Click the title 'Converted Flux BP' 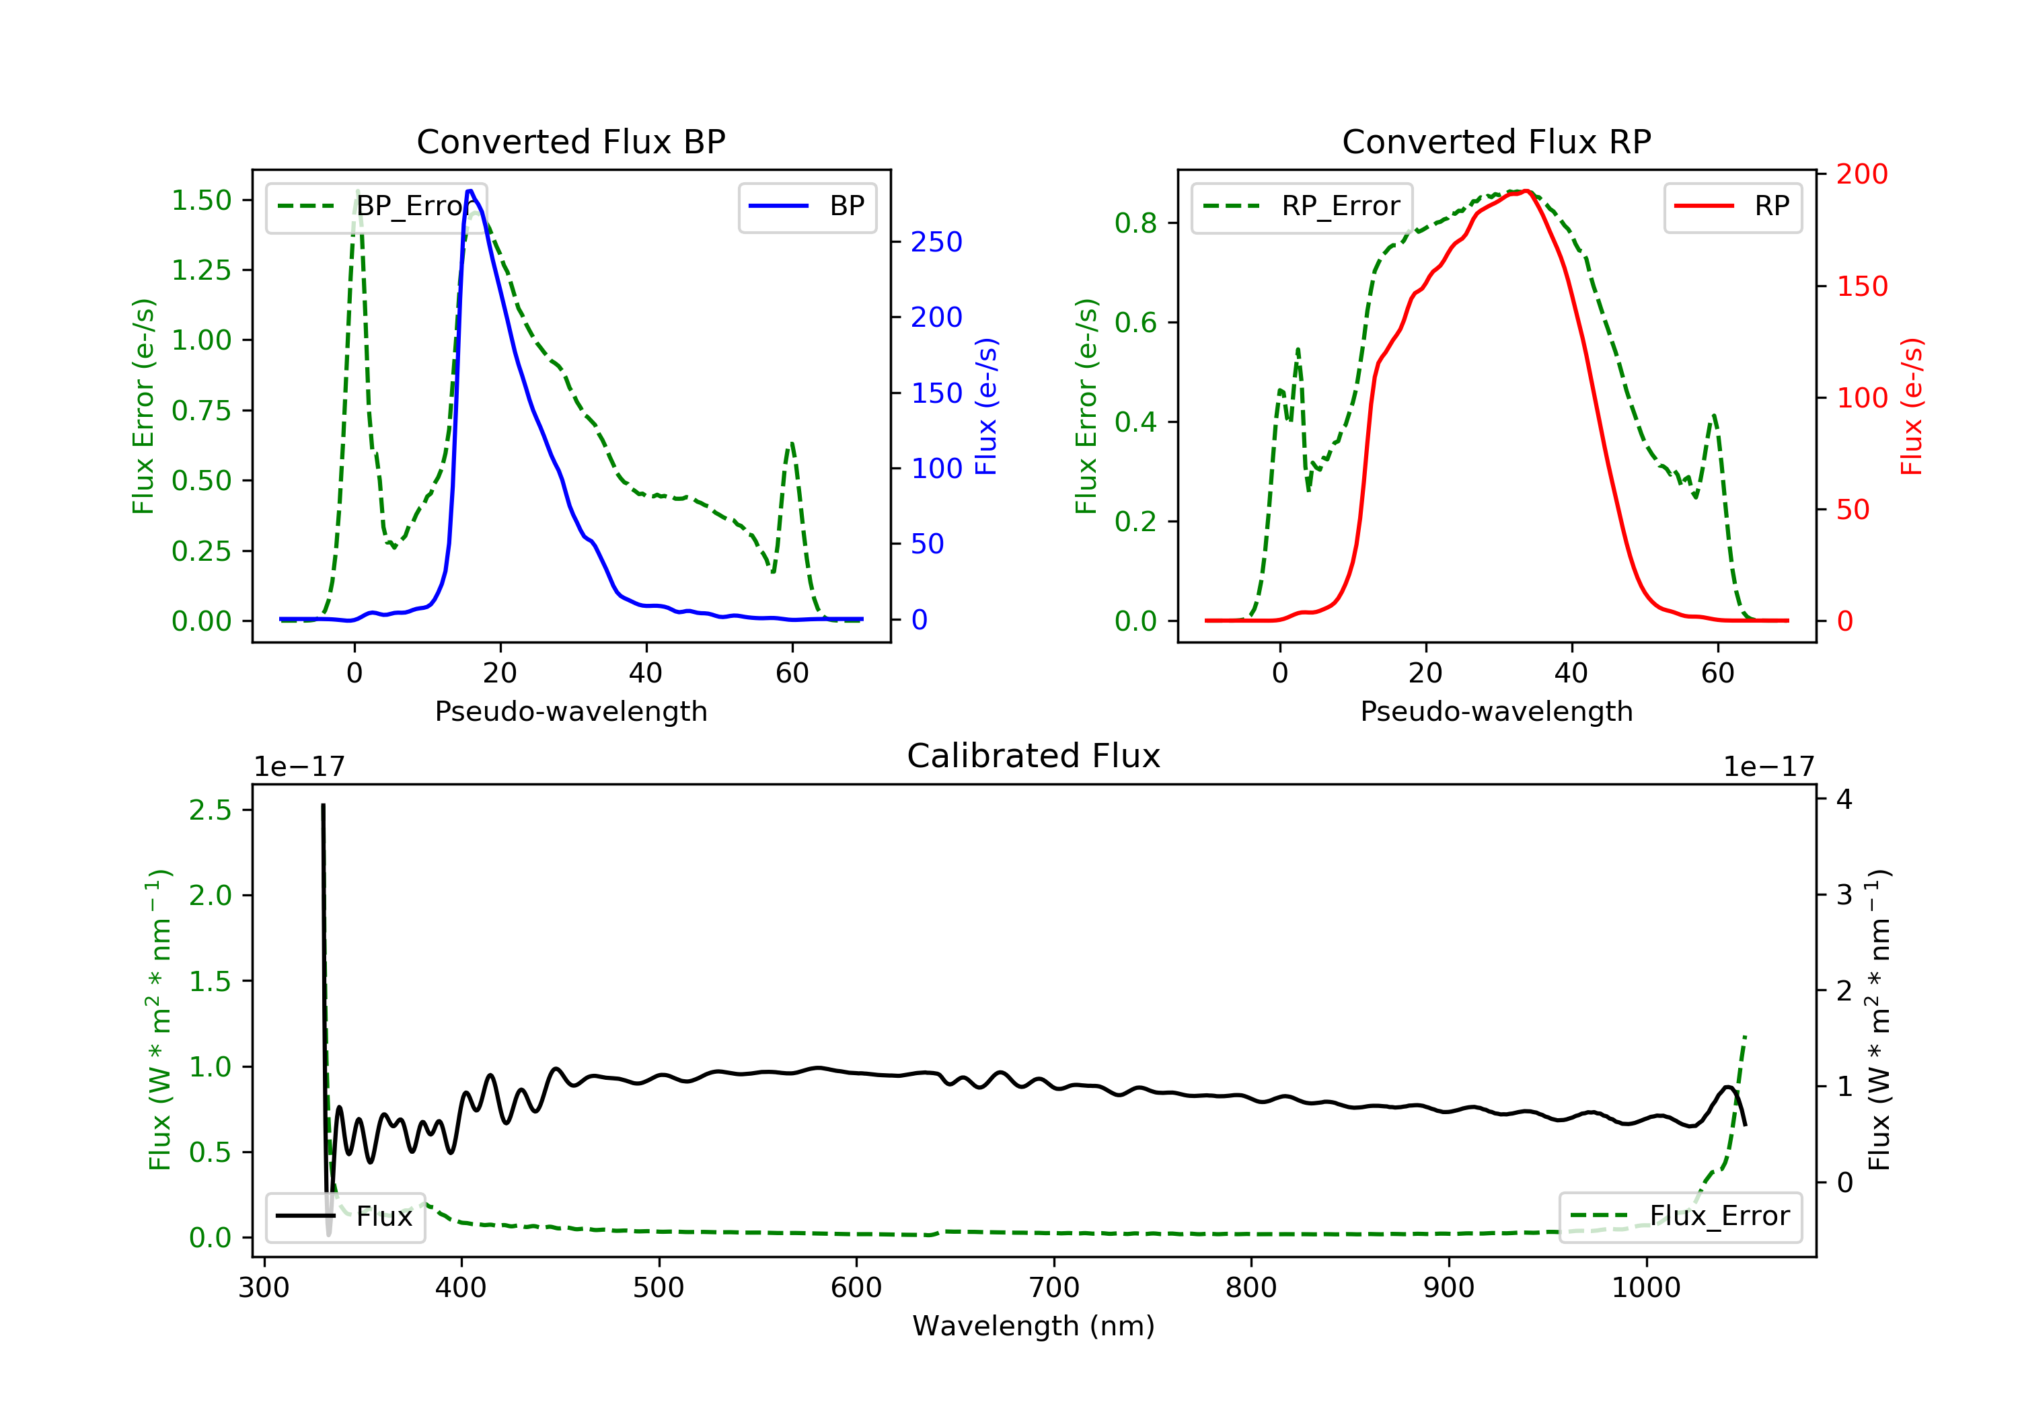(x=570, y=141)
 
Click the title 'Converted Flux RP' (x=1496, y=141)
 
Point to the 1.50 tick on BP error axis (x=201, y=200)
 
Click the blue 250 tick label (x=936, y=243)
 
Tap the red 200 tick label (x=1861, y=174)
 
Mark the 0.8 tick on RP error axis (x=1135, y=223)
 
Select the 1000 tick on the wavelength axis (x=1645, y=1288)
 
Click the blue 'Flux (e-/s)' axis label (x=986, y=406)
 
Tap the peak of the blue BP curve (x=470, y=191)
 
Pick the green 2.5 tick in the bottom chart (x=210, y=810)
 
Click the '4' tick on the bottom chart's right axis (x=1844, y=799)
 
